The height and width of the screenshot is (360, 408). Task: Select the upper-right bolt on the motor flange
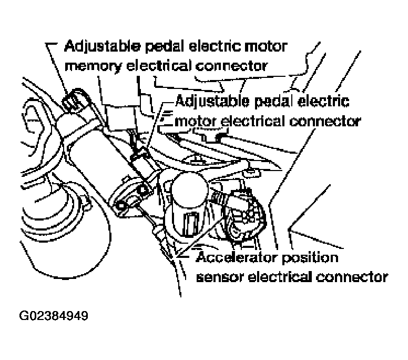[x=142, y=189]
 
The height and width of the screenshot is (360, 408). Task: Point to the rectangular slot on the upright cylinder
[x=190, y=224]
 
